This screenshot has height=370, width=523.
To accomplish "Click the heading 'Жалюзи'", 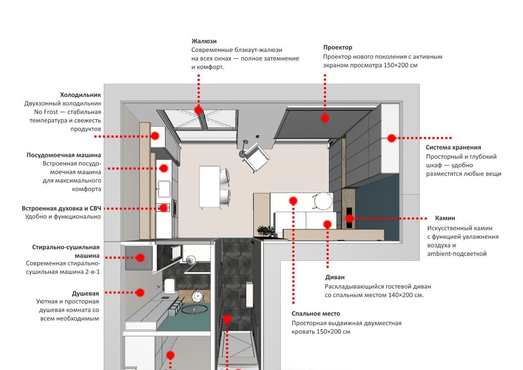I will coord(204,41).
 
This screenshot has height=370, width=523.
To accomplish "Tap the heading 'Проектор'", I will coord(337,47).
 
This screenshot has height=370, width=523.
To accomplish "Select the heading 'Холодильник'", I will coord(80,95).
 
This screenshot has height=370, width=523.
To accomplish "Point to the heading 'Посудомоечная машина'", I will coord(64,155).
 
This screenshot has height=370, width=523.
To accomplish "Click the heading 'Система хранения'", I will coord(453,147).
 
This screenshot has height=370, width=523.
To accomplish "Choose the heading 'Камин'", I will coord(445,218).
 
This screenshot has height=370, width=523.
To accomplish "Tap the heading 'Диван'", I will coord(335,277).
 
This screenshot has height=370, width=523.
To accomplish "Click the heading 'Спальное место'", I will coord(315,314).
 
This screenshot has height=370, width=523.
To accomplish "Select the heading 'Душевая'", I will coord(85,294).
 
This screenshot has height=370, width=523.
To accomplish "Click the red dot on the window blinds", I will coord(199,110).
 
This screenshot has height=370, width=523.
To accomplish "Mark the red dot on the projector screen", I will coord(325,118).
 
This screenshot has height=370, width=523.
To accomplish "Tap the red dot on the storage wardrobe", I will coord(391,138).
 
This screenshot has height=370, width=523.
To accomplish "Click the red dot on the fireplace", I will coord(350,218).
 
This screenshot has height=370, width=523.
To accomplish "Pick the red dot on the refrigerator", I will coord(155,136).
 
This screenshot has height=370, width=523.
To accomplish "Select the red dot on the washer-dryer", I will coord(140,258).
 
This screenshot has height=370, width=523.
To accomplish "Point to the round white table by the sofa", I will coord(322,201).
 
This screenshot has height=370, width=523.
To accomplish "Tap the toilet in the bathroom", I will coord(170,285).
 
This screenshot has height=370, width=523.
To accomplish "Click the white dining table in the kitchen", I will coord(209,186).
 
